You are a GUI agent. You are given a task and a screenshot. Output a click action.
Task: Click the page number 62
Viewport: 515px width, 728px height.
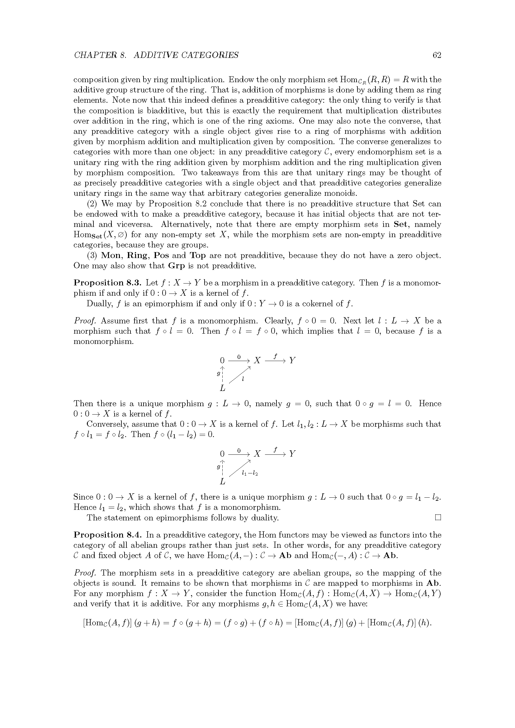[x=437, y=55]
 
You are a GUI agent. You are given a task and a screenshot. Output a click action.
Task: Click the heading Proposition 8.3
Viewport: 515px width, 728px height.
[x=107, y=283]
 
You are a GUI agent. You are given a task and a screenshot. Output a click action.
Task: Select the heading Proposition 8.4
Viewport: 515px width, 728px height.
[x=107, y=535]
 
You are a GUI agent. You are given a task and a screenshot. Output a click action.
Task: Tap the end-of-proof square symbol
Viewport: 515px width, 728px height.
[x=438, y=518]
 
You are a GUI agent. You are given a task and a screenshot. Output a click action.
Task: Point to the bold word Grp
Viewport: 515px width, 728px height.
[x=176, y=266]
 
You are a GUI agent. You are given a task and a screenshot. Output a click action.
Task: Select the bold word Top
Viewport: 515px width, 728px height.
[x=198, y=255]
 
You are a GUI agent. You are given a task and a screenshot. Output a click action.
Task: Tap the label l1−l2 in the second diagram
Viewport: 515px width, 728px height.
[x=250, y=474]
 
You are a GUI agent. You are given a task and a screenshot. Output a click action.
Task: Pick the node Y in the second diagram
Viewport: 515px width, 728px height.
[x=292, y=454]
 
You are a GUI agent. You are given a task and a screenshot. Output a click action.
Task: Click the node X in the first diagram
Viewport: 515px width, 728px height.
[x=257, y=360]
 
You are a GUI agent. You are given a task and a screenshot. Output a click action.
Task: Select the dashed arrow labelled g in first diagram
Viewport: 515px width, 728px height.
[x=223, y=374]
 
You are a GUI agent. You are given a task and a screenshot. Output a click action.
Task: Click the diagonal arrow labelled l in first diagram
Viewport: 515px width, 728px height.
[x=240, y=374]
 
